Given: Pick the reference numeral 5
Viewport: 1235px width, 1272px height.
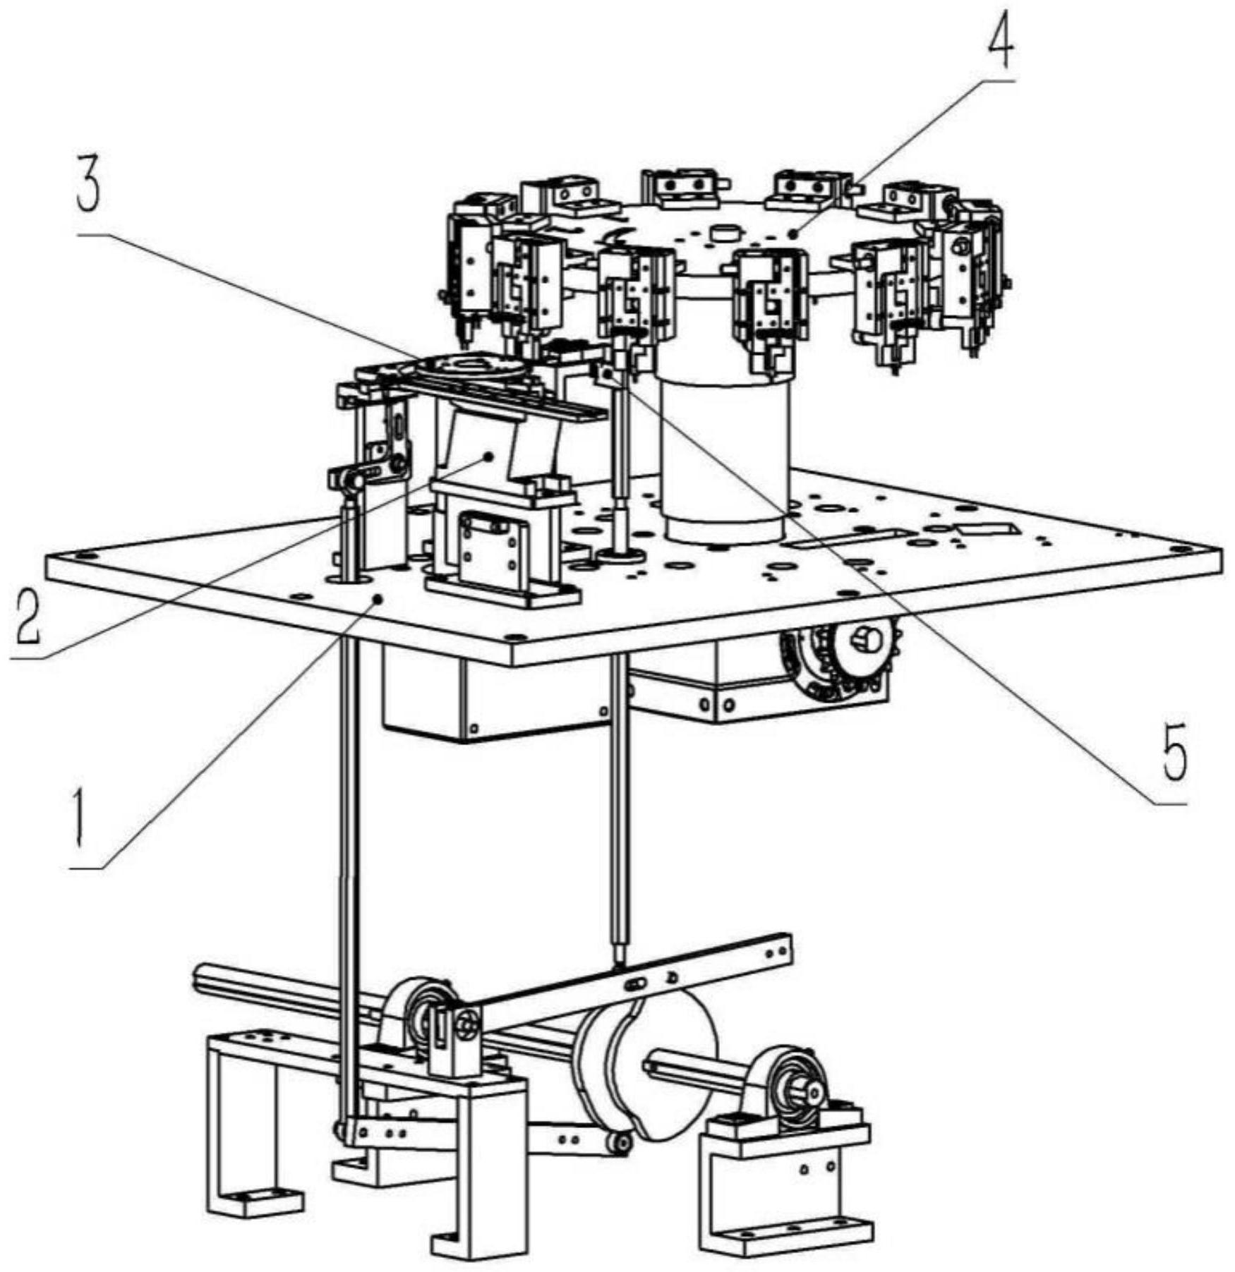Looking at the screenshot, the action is (1171, 754).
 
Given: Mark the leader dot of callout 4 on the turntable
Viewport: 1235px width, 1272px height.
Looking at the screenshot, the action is (793, 232).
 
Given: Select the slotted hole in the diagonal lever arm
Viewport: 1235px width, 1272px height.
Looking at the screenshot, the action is (634, 983).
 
